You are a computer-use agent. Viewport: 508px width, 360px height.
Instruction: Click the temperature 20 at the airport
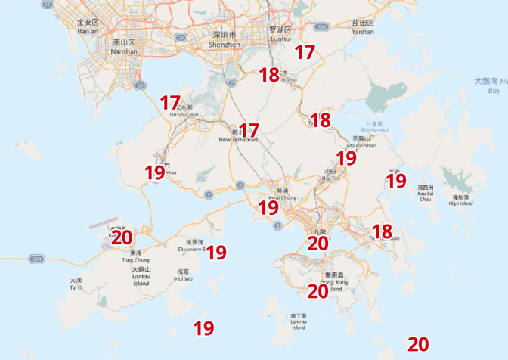coord(122,237)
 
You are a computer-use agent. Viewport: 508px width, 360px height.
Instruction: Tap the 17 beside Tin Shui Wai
coord(170,102)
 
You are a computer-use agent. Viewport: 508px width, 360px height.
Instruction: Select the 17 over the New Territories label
coord(249,130)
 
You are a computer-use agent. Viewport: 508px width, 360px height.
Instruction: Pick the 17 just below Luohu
coord(305,52)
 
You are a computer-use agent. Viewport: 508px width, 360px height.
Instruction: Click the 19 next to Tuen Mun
coord(155,172)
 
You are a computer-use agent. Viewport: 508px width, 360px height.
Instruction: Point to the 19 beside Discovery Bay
coord(217,252)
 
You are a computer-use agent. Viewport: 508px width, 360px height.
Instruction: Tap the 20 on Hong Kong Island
coord(317,290)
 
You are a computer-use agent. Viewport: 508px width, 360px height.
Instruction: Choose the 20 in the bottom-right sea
coord(418,344)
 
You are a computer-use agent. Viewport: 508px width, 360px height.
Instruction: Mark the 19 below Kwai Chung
coord(268,207)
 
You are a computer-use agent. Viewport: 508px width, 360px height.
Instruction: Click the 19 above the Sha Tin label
coord(346,158)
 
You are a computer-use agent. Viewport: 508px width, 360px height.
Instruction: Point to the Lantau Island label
coord(141,276)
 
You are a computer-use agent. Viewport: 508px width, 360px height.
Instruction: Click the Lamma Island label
coord(299,321)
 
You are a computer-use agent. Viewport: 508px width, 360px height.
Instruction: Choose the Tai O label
coord(76,284)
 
